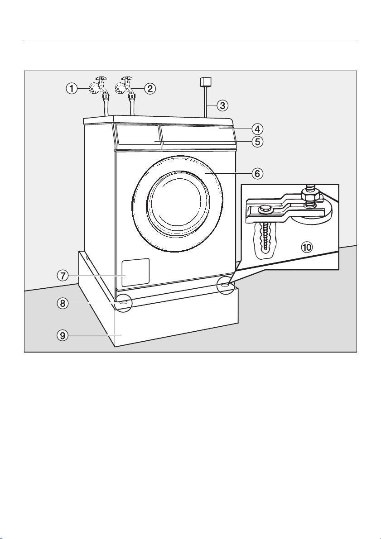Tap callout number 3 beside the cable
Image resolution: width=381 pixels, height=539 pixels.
(222, 105)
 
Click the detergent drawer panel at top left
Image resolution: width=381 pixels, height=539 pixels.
(137, 135)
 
